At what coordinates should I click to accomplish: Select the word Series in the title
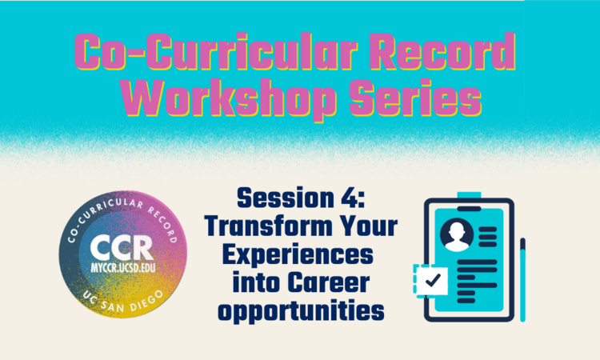414,100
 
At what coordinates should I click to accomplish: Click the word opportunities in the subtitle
300,312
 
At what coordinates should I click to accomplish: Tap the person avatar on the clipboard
457,233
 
